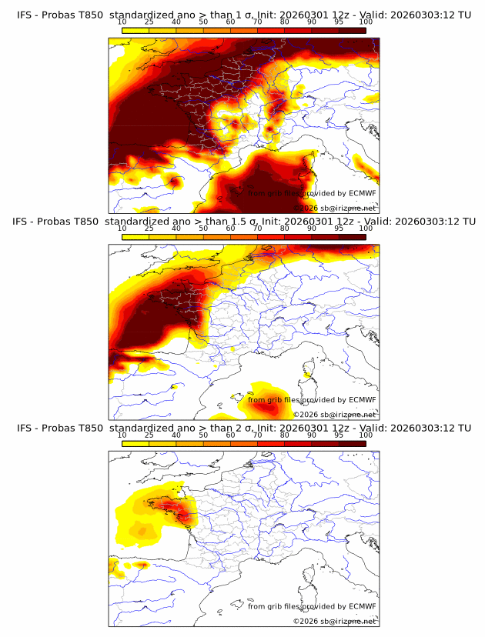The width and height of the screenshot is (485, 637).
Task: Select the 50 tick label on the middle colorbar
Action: (203, 228)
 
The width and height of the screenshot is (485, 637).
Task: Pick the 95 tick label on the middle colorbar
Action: (338, 228)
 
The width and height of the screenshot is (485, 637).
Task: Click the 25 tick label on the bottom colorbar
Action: (149, 435)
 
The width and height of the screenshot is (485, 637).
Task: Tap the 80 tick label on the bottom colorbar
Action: (284, 435)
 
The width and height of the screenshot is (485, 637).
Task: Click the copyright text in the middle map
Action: (335, 415)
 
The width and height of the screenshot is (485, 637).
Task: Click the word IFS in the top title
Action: (25, 14)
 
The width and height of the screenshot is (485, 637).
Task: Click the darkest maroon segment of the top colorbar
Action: (352, 30)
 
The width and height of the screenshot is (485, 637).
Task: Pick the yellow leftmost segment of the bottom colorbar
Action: (135, 443)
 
